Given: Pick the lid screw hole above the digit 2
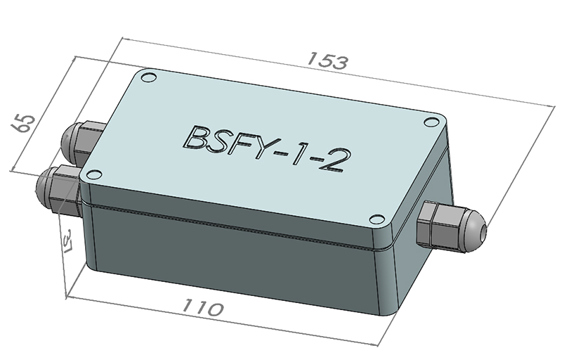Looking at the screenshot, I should click(x=429, y=122).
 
